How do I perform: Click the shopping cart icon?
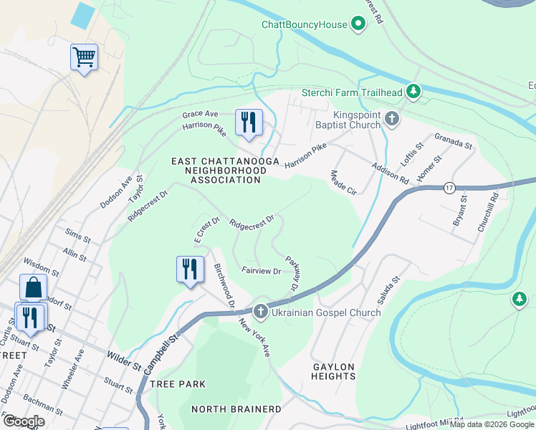[84, 57]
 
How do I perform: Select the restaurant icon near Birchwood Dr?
[190, 269]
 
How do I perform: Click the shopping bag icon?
[33, 287]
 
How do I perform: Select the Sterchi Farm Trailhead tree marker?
[413, 92]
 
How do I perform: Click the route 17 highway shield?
[448, 187]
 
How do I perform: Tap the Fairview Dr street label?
[261, 271]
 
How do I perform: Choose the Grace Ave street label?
[200, 114]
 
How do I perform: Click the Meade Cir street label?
[343, 183]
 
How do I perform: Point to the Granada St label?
[454, 141]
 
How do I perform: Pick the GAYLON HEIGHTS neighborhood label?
[334, 371]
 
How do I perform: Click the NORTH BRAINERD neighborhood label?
[236, 409]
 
